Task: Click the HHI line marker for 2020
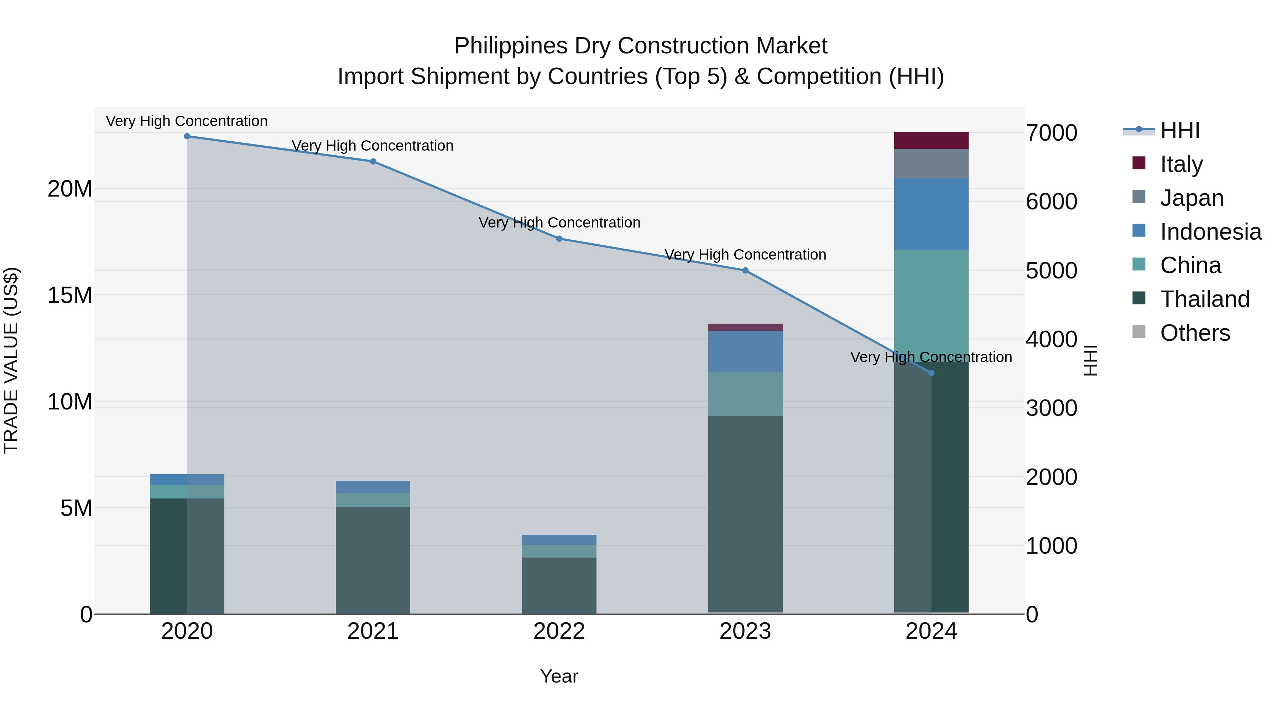click(187, 136)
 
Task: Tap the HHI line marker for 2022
click(559, 239)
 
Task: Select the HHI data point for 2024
click(931, 373)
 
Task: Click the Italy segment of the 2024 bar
click(931, 141)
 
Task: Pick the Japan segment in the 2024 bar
click(931, 164)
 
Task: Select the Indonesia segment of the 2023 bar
click(745, 352)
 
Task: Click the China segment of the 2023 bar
click(745, 394)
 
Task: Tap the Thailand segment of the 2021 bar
click(373, 560)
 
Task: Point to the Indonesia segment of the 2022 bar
click(559, 540)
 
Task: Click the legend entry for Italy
click(1181, 164)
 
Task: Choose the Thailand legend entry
click(1204, 299)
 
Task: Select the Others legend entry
click(1194, 333)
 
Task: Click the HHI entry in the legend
click(1179, 130)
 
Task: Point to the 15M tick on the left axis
click(70, 296)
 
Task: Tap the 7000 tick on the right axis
click(1051, 134)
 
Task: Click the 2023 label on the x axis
click(745, 631)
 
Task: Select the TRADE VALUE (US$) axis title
click(11, 360)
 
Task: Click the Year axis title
click(559, 676)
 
